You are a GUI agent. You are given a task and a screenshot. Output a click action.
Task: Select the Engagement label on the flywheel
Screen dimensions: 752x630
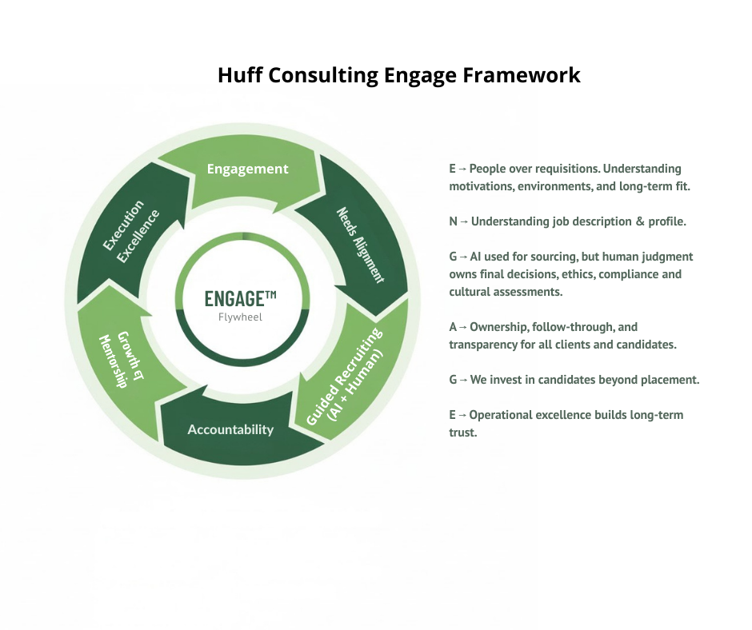[247, 169]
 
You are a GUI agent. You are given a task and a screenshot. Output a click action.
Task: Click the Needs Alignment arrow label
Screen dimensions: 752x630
[360, 245]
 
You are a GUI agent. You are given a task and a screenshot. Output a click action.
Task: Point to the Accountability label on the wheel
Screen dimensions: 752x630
[230, 430]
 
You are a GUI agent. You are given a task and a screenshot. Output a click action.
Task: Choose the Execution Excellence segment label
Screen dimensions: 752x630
[131, 231]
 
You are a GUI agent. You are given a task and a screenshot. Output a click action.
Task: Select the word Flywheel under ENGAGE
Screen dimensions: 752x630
[240, 317]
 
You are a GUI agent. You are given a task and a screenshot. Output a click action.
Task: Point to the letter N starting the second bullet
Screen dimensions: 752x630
[454, 221]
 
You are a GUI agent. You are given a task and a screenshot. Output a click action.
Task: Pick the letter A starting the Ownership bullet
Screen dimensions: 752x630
[454, 327]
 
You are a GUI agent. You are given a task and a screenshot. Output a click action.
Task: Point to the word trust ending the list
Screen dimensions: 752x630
[462, 433]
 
